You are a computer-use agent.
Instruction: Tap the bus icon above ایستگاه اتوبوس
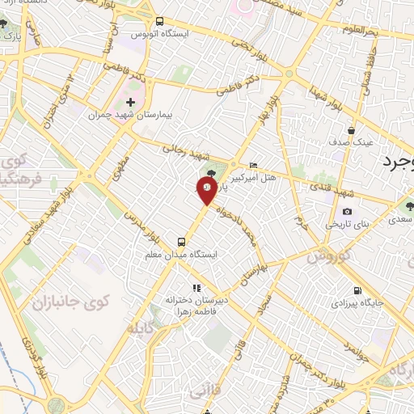(159, 21)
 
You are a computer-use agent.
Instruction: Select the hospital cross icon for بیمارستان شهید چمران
(130, 102)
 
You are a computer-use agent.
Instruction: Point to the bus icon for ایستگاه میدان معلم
(181, 241)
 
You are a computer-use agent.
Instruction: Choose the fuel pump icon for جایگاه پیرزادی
(357, 291)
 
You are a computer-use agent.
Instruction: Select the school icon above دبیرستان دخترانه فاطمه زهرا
(194, 287)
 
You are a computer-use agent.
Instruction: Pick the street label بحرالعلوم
(359, 30)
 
